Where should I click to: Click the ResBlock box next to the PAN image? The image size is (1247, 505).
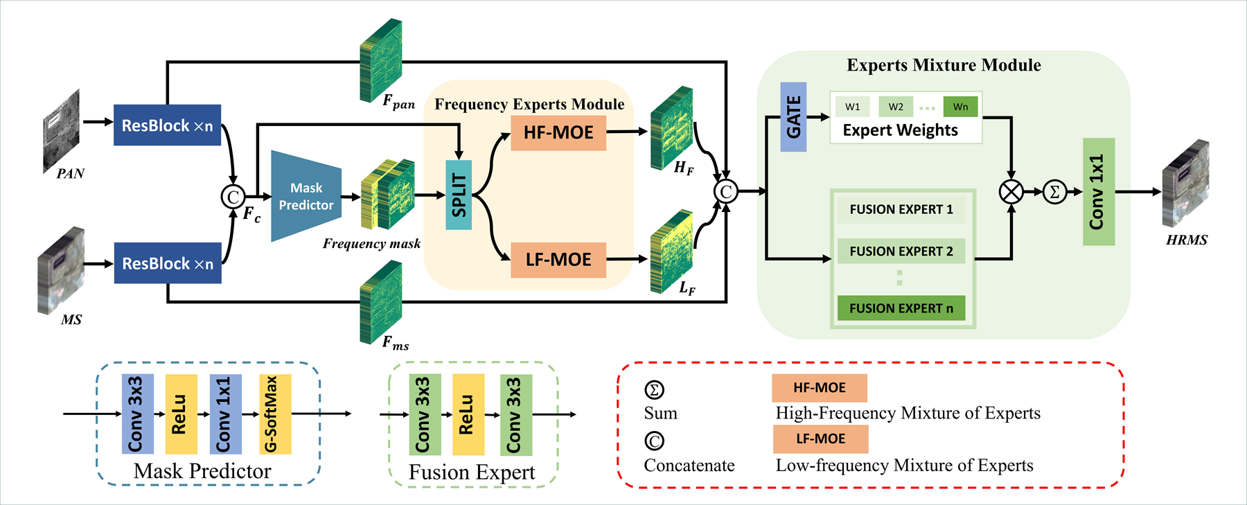(167, 125)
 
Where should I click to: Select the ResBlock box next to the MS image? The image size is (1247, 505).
(168, 263)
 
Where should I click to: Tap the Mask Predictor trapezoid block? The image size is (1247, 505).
(306, 196)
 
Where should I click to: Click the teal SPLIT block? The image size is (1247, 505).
(458, 195)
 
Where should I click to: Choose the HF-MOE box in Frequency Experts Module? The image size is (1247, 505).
(558, 133)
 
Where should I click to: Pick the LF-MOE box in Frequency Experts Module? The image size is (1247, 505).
(558, 260)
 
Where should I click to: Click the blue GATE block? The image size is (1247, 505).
(793, 117)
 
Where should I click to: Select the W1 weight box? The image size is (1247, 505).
(853, 107)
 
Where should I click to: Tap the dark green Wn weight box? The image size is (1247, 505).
(960, 107)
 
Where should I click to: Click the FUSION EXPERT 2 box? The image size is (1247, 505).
(901, 251)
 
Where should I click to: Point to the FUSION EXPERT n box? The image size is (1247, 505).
(901, 308)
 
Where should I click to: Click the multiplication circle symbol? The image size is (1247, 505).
(1011, 192)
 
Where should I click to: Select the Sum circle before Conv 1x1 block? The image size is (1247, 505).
(1054, 192)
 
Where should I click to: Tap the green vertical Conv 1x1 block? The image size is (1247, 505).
(1099, 192)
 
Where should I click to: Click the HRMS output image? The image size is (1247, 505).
(1185, 184)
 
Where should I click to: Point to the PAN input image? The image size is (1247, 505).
(62, 130)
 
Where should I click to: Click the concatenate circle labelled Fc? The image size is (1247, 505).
(233, 197)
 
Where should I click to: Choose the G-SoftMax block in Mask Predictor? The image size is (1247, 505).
(275, 414)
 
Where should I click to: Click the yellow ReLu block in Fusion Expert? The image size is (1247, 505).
(468, 414)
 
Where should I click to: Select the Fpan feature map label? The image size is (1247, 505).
(399, 102)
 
